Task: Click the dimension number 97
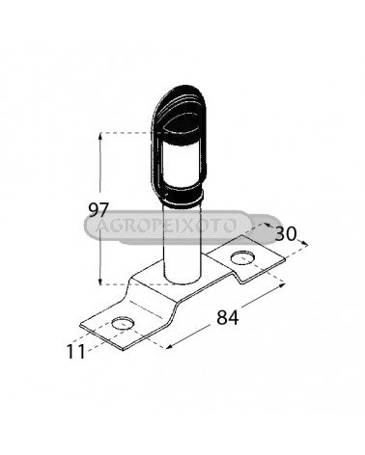point(98,210)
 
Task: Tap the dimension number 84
point(228,317)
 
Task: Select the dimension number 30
point(286,233)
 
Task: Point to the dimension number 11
point(75,351)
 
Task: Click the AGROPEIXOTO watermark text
point(166,226)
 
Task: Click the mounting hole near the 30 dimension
point(242,257)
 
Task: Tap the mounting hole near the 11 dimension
point(123,323)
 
